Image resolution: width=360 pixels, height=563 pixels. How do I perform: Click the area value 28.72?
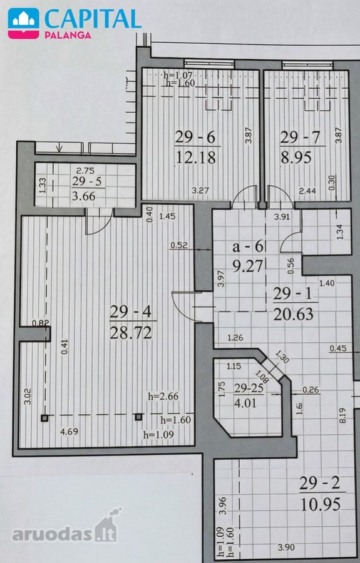click(131, 333)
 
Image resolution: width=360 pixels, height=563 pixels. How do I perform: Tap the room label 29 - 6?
click(195, 137)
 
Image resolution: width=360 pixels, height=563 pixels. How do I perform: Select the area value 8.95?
click(296, 157)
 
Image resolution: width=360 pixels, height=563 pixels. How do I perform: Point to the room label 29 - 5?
click(88, 181)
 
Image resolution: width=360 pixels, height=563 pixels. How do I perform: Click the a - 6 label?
click(249, 246)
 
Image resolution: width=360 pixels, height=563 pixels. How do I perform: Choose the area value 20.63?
click(293, 314)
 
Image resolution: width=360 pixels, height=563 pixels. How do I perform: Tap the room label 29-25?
click(249, 388)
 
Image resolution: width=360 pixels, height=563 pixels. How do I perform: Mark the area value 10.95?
click(321, 504)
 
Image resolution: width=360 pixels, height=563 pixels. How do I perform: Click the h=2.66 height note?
click(163, 397)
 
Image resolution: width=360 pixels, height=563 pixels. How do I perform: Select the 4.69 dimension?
click(69, 432)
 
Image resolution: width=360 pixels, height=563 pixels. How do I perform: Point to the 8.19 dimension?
click(342, 415)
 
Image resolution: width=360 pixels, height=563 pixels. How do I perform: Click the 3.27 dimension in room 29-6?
click(200, 190)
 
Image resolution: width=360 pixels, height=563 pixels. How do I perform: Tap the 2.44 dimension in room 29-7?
click(307, 191)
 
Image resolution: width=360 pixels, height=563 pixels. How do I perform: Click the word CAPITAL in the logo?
click(92, 19)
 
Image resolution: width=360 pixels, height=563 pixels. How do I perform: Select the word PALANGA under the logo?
click(68, 35)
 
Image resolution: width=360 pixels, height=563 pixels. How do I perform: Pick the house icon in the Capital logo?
click(23, 23)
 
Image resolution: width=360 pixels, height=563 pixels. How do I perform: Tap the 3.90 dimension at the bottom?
click(286, 547)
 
